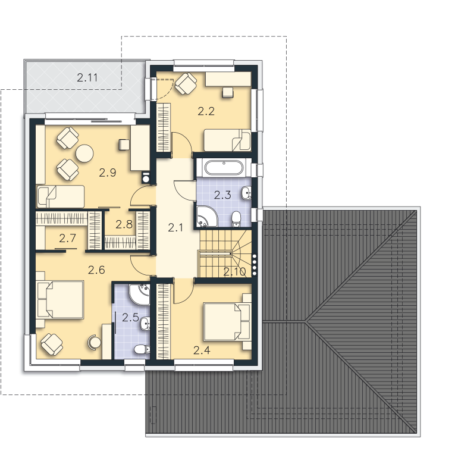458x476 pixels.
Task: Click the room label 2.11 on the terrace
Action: tap(87, 78)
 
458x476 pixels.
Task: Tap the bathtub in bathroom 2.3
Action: tap(224, 168)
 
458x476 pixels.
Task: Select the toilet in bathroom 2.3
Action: tap(236, 219)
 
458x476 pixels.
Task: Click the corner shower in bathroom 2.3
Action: tap(206, 216)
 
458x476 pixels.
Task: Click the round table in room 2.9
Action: tap(84, 154)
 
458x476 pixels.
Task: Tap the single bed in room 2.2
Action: tap(227, 140)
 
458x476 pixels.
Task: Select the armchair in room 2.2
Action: tap(186, 83)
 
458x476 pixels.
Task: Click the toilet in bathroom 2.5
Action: tap(142, 350)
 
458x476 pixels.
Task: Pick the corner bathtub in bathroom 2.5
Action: tap(139, 295)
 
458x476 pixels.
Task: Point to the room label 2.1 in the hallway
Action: tap(175, 227)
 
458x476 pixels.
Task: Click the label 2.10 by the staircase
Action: tap(234, 272)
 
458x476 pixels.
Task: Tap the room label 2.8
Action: tap(124, 224)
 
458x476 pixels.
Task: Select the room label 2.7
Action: tap(67, 239)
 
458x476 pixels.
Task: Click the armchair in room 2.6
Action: tap(52, 345)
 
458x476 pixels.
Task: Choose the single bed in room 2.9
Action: tap(60, 196)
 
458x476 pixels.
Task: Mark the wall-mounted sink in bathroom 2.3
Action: tap(246, 193)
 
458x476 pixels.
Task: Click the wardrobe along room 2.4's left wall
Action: tap(164, 321)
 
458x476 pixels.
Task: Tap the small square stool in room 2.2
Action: tap(228, 92)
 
